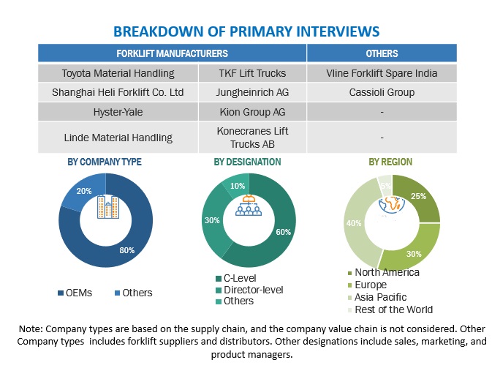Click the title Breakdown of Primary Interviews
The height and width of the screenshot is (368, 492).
click(x=246, y=31)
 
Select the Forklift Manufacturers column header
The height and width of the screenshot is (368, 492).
click(x=172, y=53)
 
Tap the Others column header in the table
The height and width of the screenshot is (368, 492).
click(x=382, y=53)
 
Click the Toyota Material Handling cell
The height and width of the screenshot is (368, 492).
click(x=118, y=72)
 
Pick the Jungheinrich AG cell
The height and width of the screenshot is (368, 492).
click(x=252, y=92)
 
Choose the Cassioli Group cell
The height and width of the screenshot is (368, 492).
click(x=382, y=92)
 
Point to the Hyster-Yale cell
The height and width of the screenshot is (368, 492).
click(x=118, y=112)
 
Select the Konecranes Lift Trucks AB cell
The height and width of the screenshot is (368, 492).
click(x=252, y=137)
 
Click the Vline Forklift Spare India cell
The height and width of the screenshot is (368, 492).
click(x=382, y=72)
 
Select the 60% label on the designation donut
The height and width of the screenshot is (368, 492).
click(x=283, y=232)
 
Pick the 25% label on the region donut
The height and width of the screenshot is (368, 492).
click(x=419, y=197)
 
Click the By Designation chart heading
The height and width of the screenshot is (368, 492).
click(x=246, y=162)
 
